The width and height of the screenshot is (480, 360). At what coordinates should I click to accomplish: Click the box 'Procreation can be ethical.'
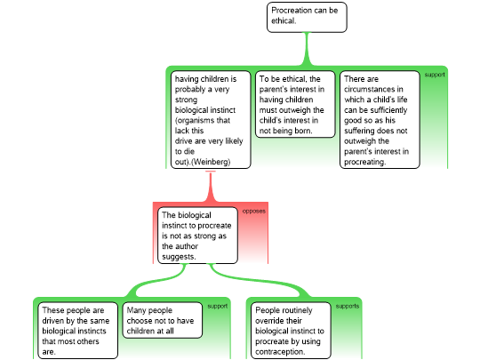[x=307, y=17]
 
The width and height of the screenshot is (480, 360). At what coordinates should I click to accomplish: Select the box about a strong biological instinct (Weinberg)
[x=211, y=120]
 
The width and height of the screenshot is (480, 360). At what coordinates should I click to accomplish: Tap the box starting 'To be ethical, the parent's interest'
[x=295, y=104]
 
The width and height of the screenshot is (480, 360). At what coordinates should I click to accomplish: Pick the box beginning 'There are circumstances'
[x=380, y=120]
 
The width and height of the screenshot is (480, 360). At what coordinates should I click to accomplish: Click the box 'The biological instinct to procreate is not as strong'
[x=197, y=236]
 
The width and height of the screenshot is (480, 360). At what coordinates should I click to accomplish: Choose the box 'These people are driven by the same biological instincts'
[x=77, y=331]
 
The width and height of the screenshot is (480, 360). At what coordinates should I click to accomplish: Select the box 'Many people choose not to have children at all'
[x=163, y=320]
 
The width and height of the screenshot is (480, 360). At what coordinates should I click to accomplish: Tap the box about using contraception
[x=291, y=331]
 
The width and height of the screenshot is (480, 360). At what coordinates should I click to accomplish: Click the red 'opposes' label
[x=253, y=212]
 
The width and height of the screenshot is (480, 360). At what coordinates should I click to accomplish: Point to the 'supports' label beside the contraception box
[x=348, y=306]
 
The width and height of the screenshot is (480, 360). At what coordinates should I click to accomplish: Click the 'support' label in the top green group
[x=435, y=75]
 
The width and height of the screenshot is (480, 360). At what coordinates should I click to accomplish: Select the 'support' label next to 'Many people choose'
[x=218, y=306]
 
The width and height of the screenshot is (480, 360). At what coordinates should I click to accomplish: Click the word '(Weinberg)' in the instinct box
[x=211, y=162]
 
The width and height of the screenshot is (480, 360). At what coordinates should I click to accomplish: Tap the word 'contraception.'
[x=280, y=352]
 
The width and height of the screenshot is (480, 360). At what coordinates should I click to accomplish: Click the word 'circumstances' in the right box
[x=373, y=89]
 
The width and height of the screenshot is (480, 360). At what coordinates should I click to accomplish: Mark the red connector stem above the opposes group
[x=211, y=187]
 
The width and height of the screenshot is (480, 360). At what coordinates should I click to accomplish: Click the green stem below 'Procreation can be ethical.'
[x=307, y=49]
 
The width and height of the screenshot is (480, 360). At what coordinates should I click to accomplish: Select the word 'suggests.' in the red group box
[x=179, y=257]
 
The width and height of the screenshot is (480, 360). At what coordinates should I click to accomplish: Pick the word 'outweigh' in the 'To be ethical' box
[x=287, y=110]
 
